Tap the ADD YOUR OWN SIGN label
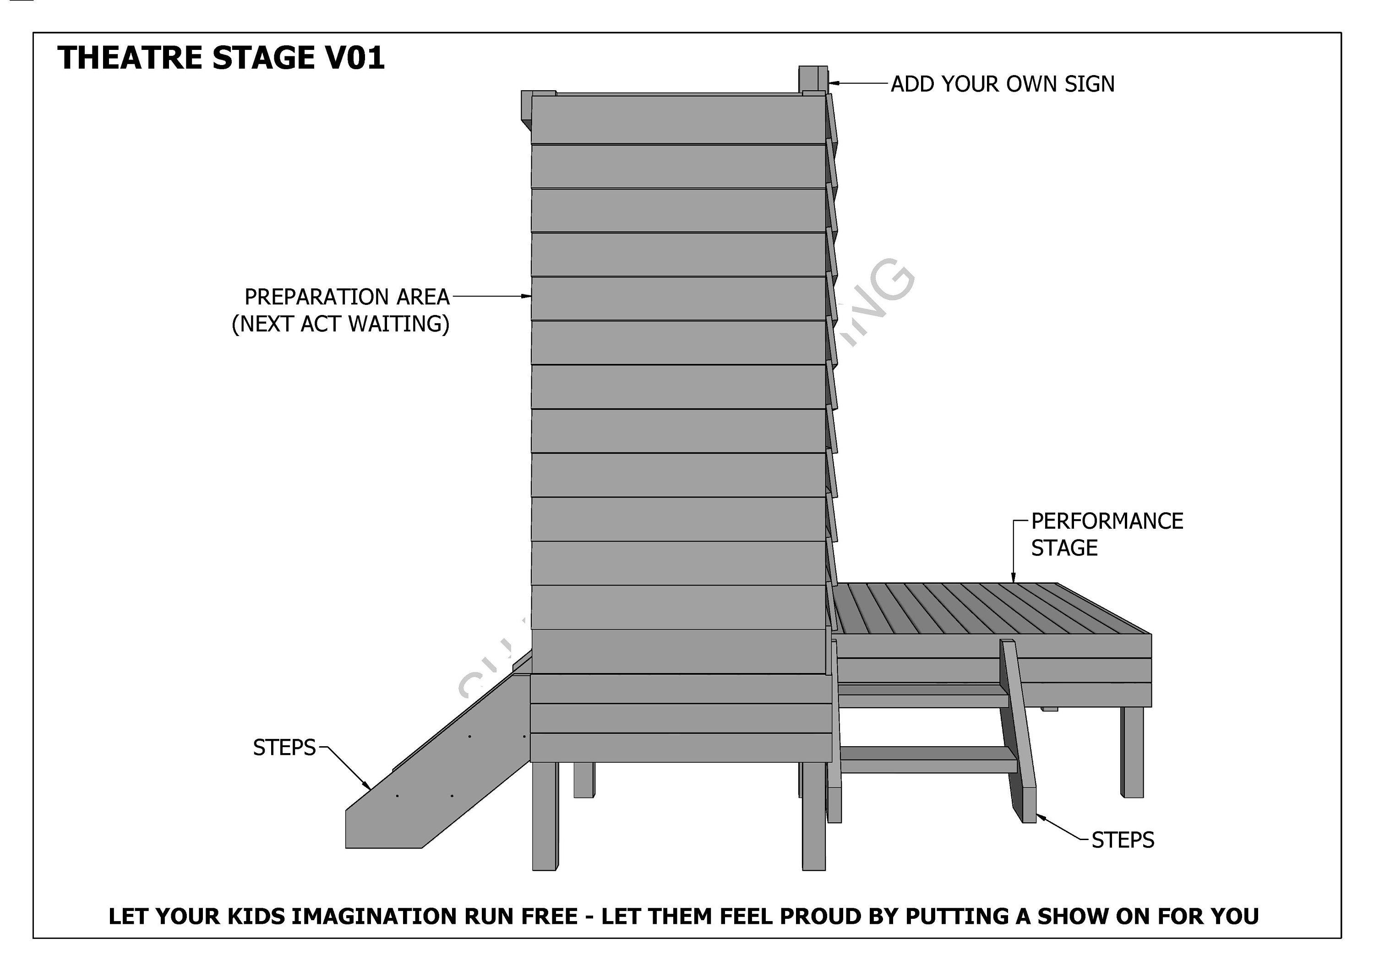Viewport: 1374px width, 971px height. tap(1003, 84)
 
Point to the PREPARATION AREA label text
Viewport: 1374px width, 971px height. tap(347, 297)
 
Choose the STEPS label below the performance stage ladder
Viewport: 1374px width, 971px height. tap(1123, 841)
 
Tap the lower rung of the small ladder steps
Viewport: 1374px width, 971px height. tap(927, 760)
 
